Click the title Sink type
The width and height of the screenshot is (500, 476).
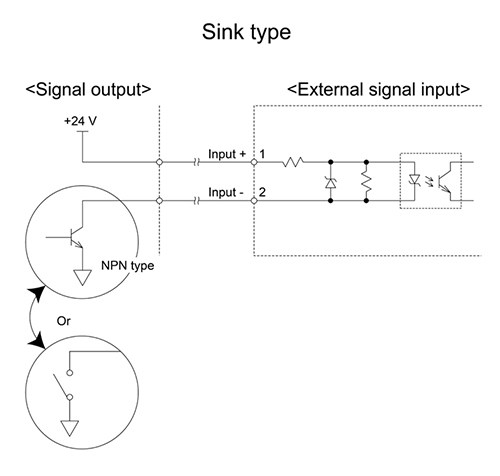pyautogui.click(x=246, y=33)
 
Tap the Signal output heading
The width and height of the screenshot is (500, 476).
pyautogui.click(x=88, y=90)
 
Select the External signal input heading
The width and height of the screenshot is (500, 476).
pyautogui.click(x=378, y=90)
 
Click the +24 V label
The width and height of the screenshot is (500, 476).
pyautogui.click(x=80, y=121)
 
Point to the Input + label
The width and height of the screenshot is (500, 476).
pyautogui.click(x=227, y=154)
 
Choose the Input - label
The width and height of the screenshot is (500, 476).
pyautogui.click(x=226, y=192)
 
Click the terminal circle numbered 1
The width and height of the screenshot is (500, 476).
pyautogui.click(x=254, y=162)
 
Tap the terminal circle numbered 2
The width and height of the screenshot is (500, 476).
pyautogui.click(x=254, y=201)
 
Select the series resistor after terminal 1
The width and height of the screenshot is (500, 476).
pyautogui.click(x=293, y=162)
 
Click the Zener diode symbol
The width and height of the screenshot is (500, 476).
pyautogui.click(x=331, y=183)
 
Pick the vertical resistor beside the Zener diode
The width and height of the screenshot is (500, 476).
pyautogui.click(x=366, y=182)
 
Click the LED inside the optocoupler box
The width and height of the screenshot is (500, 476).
pyautogui.click(x=415, y=179)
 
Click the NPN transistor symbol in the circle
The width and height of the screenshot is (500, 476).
pyautogui.click(x=76, y=237)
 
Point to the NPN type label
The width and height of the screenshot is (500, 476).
pyautogui.click(x=127, y=266)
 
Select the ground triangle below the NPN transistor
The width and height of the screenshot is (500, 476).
pyautogui.click(x=82, y=277)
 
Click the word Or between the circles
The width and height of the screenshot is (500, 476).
pyautogui.click(x=63, y=321)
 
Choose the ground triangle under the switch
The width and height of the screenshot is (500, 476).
pyautogui.click(x=70, y=428)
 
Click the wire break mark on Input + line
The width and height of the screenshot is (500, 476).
pyautogui.click(x=196, y=162)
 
